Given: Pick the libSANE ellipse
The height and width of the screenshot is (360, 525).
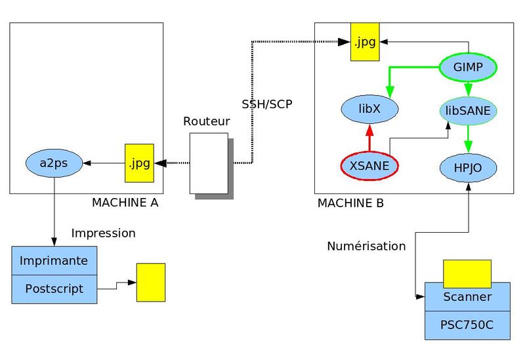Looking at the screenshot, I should [468, 111].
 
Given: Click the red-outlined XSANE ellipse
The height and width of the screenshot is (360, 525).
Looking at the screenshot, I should [370, 166].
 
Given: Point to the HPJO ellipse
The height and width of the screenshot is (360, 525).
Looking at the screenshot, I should [468, 168].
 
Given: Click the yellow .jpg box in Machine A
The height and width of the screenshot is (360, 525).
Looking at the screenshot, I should [139, 163].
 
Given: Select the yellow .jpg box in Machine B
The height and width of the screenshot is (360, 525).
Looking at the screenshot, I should [364, 42].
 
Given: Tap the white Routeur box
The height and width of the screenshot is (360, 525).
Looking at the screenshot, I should [209, 163].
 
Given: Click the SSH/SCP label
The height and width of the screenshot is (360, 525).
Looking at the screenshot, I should [266, 104].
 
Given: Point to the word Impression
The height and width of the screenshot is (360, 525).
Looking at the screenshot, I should [103, 233].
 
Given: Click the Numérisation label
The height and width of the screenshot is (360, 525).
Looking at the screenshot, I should [366, 246].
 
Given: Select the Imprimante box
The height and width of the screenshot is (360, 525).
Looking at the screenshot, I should [54, 260].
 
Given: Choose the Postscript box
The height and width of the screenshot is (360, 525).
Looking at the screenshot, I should [54, 289].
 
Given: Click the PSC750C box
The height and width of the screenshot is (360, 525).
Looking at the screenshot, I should [467, 324].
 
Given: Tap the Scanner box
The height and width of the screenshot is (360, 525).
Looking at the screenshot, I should [467, 296].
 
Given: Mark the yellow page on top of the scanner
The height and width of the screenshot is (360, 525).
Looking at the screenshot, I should [467, 273].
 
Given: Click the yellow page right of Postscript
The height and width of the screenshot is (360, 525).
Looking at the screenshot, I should [150, 282].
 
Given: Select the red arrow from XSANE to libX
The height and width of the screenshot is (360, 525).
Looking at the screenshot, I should [370, 138].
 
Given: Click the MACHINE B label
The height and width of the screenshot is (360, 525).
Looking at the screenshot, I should [350, 203].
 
